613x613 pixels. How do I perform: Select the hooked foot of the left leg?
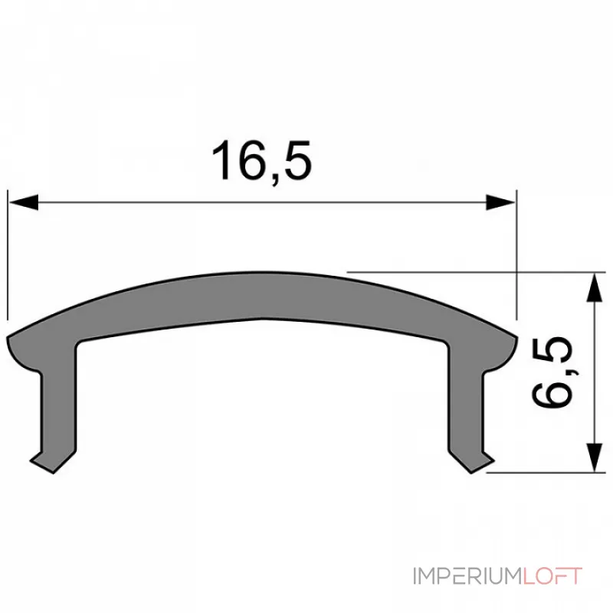[42, 457]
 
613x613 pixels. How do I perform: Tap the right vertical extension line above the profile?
[516, 245]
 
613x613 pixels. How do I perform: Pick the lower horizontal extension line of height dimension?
[544, 473]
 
